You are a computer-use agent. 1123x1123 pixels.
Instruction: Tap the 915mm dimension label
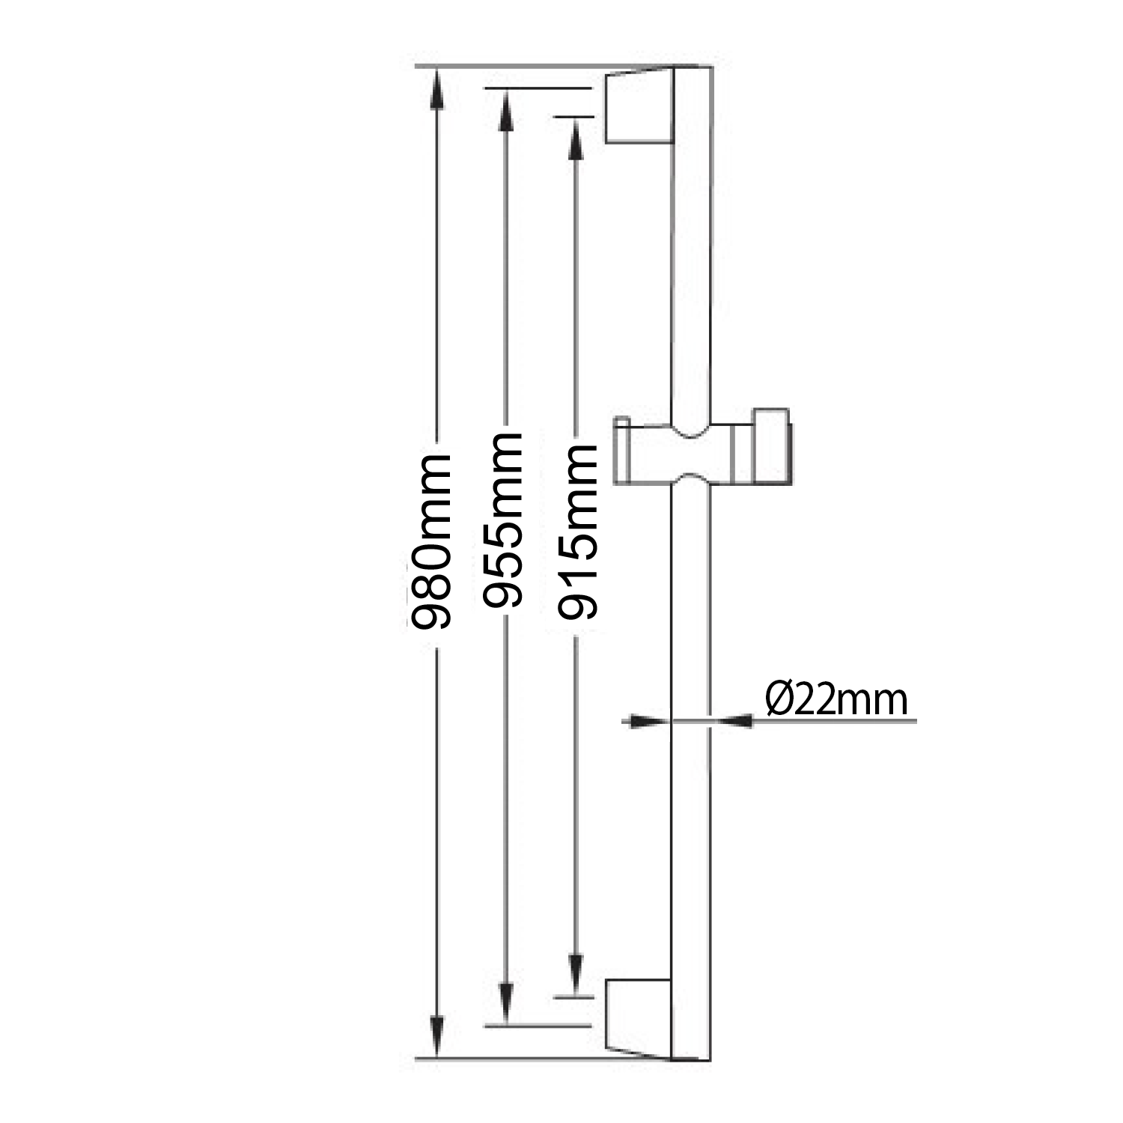coord(576,532)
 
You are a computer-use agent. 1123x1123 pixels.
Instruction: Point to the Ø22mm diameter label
coord(836,700)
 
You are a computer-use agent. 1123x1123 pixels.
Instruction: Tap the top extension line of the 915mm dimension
coord(575,117)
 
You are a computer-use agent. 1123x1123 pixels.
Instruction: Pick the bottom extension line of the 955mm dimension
coord(539,1025)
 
